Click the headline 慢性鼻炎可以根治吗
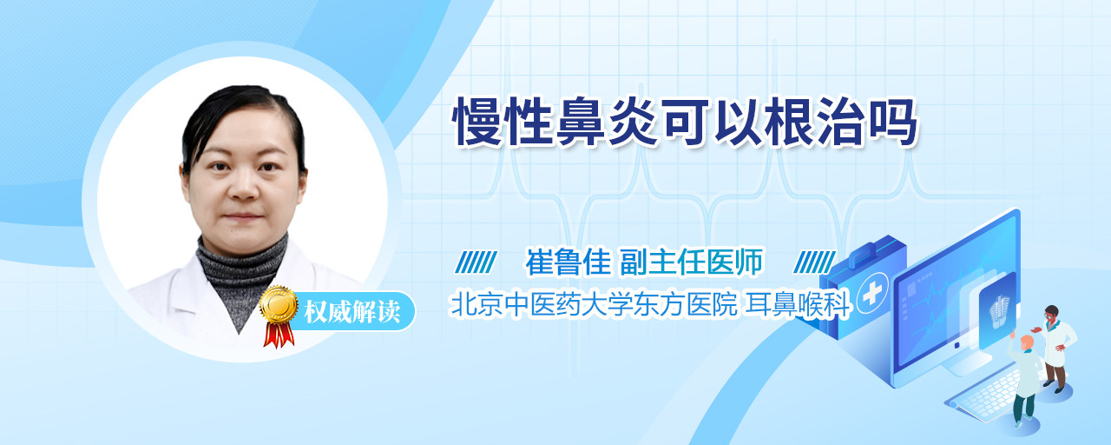pyautogui.click(x=685, y=123)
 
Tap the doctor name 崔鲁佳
pyautogui.click(x=568, y=262)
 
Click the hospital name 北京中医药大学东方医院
pyautogui.click(x=594, y=304)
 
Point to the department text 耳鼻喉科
pyautogui.click(x=799, y=304)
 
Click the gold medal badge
pyautogui.click(x=279, y=304)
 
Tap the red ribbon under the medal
pyautogui.click(x=279, y=335)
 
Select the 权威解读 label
pyautogui.click(x=352, y=312)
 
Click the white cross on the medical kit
pyautogui.click(x=872, y=294)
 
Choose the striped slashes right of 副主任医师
pyautogui.click(x=814, y=262)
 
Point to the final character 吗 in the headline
pyautogui.click(x=893, y=123)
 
